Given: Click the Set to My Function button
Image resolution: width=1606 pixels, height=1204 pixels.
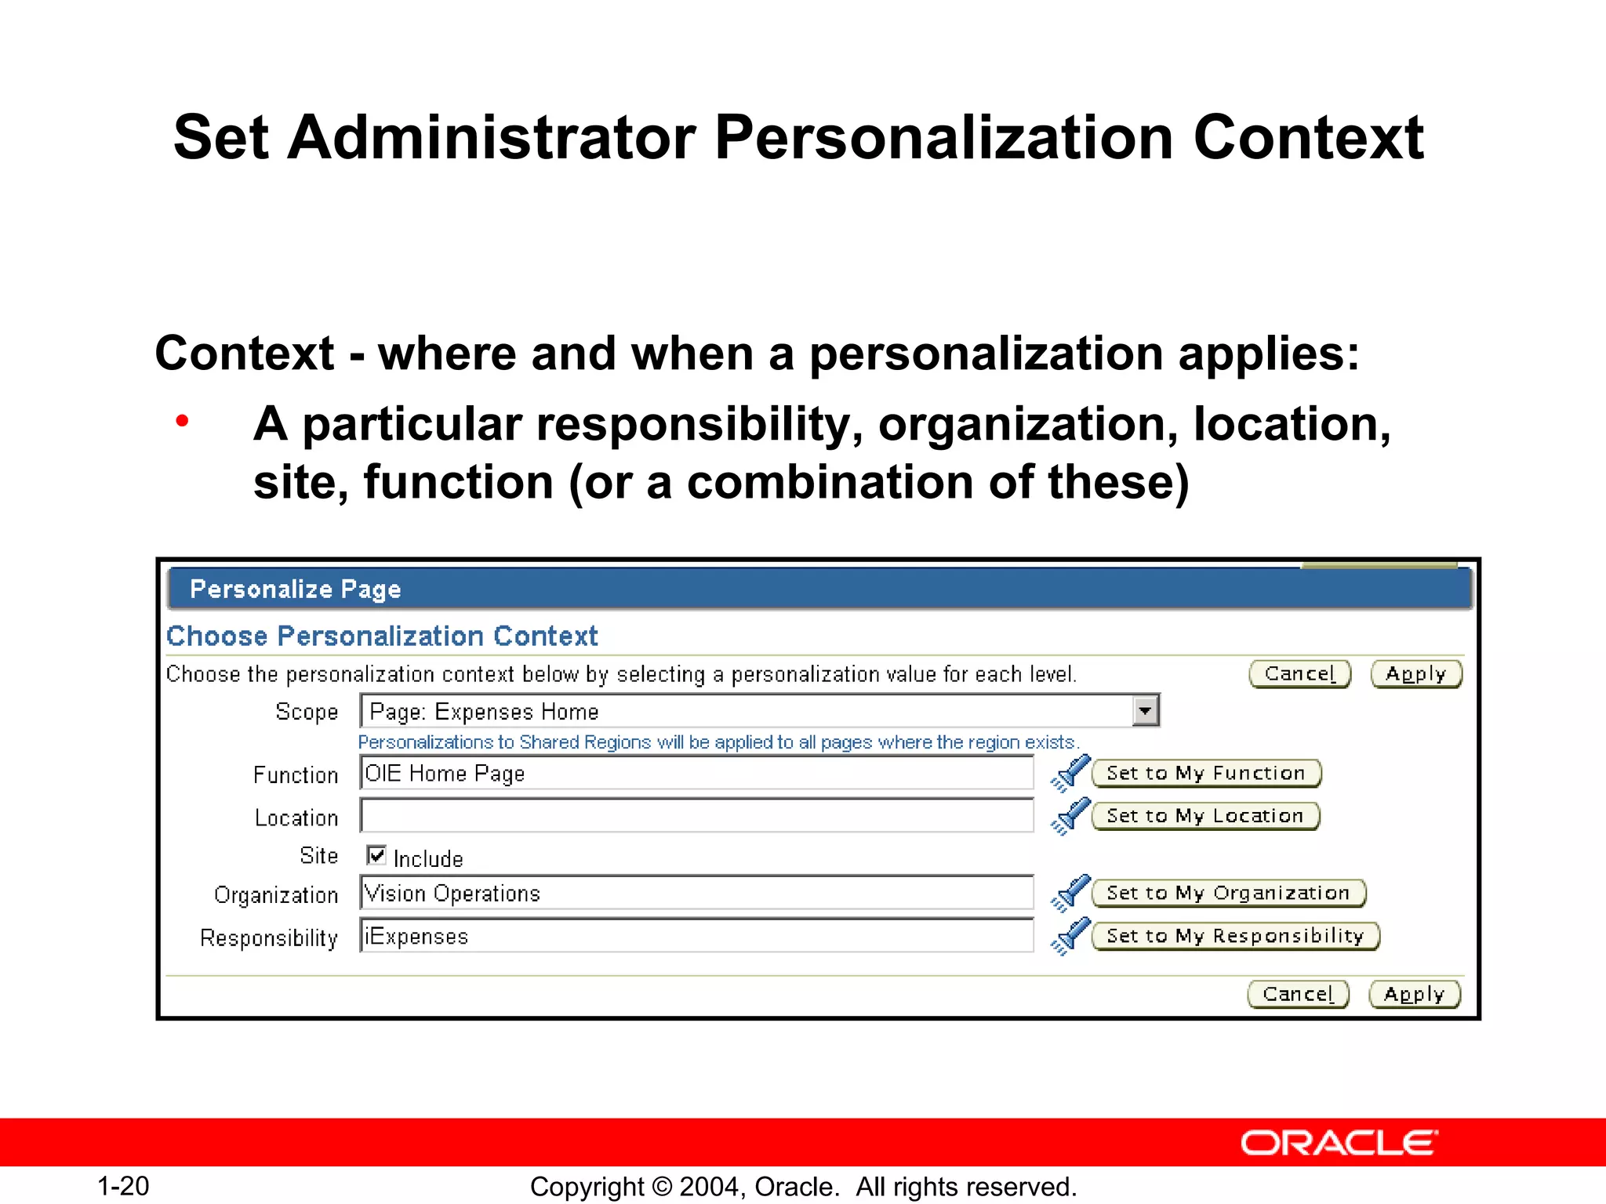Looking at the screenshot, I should [x=1205, y=774].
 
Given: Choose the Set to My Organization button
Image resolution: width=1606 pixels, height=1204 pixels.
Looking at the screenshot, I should [x=1228, y=894].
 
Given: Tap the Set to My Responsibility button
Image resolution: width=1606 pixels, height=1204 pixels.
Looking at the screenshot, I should [x=1235, y=936].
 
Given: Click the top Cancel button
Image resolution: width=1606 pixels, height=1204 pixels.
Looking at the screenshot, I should [x=1299, y=674].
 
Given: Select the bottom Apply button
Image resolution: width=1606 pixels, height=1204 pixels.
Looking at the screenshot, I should [x=1414, y=995].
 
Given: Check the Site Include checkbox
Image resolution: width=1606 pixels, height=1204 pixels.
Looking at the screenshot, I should [x=376, y=855].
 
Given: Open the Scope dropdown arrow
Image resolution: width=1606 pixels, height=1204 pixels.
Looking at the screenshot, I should [x=1146, y=711].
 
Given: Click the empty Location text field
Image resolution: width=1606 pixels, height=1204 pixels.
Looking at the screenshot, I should [x=696, y=816].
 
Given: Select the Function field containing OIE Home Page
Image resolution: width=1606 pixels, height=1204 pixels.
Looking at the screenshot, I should [x=696, y=774].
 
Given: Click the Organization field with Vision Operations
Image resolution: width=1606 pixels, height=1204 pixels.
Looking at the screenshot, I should [x=696, y=894].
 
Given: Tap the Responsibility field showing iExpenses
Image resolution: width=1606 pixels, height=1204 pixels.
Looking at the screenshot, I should [x=696, y=936].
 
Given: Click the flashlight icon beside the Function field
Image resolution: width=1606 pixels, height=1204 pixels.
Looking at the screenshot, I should [x=1070, y=773].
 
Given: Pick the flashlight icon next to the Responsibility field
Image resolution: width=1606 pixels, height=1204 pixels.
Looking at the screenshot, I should [x=1070, y=936].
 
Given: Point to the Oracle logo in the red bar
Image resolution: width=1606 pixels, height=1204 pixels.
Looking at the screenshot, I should [x=1339, y=1144].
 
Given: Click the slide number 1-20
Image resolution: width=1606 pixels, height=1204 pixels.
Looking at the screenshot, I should [x=123, y=1186].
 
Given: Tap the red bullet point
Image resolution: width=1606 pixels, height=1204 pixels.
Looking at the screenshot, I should [x=183, y=421].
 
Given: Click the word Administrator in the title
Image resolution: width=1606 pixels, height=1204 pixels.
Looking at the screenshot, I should [x=492, y=138].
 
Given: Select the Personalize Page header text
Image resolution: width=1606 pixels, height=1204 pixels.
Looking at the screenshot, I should [x=296, y=589].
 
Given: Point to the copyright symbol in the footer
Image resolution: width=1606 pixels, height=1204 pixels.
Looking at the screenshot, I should [x=662, y=1187].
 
